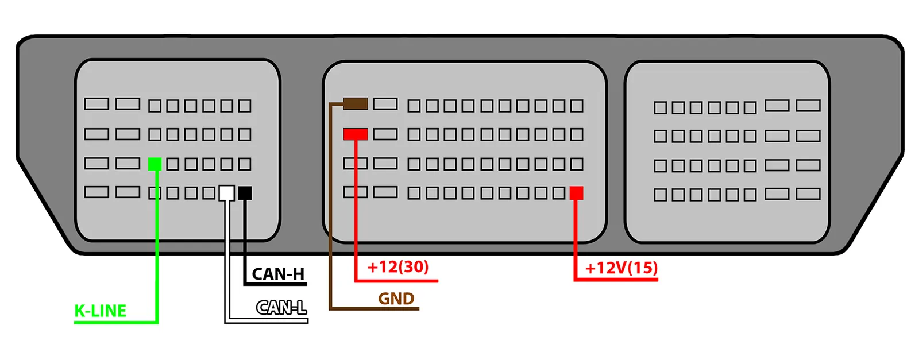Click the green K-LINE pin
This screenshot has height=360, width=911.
(155, 164)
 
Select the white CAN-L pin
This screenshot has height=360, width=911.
(227, 192)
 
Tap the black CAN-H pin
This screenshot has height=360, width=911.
(245, 193)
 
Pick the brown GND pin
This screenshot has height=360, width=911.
(356, 104)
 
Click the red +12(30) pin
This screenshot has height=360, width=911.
(356, 134)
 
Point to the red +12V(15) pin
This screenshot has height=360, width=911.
(576, 193)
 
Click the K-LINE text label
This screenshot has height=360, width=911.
(101, 311)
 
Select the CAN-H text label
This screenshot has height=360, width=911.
(278, 274)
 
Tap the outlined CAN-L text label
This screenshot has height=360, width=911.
(281, 308)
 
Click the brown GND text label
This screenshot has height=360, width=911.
(396, 299)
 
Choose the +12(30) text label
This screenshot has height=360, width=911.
(398, 267)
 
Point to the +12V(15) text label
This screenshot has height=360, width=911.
(621, 268)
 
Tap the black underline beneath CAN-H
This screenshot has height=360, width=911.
(276, 284)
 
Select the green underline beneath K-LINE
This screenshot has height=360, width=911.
(115, 322)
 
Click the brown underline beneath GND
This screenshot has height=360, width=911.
(373, 309)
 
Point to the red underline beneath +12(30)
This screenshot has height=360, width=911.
(396, 281)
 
